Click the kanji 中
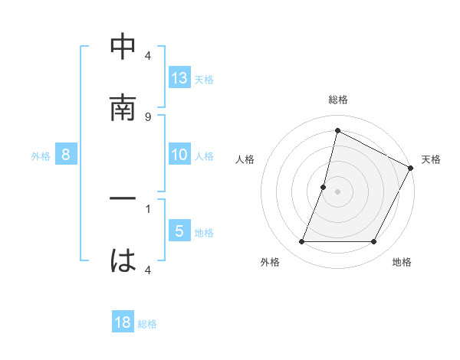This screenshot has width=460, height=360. (x=123, y=48)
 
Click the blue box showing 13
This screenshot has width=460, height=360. (x=179, y=77)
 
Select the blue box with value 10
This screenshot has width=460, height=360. (x=179, y=155)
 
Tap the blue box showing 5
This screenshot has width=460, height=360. (x=179, y=231)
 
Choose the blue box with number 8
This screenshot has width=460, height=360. (x=66, y=155)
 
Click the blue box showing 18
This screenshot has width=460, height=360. (x=123, y=322)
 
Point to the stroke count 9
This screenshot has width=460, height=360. (x=148, y=116)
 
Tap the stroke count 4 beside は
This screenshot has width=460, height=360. (x=148, y=269)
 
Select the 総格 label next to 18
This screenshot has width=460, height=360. (x=147, y=323)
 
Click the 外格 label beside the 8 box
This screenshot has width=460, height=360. (x=41, y=156)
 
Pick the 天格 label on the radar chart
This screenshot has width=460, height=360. (x=432, y=159)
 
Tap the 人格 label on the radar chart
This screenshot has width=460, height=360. (x=245, y=159)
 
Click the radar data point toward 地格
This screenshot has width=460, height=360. (x=374, y=242)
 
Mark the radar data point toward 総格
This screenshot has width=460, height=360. (x=337, y=131)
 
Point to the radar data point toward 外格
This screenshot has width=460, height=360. (x=301, y=242)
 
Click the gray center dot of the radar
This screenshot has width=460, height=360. (x=337, y=191)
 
